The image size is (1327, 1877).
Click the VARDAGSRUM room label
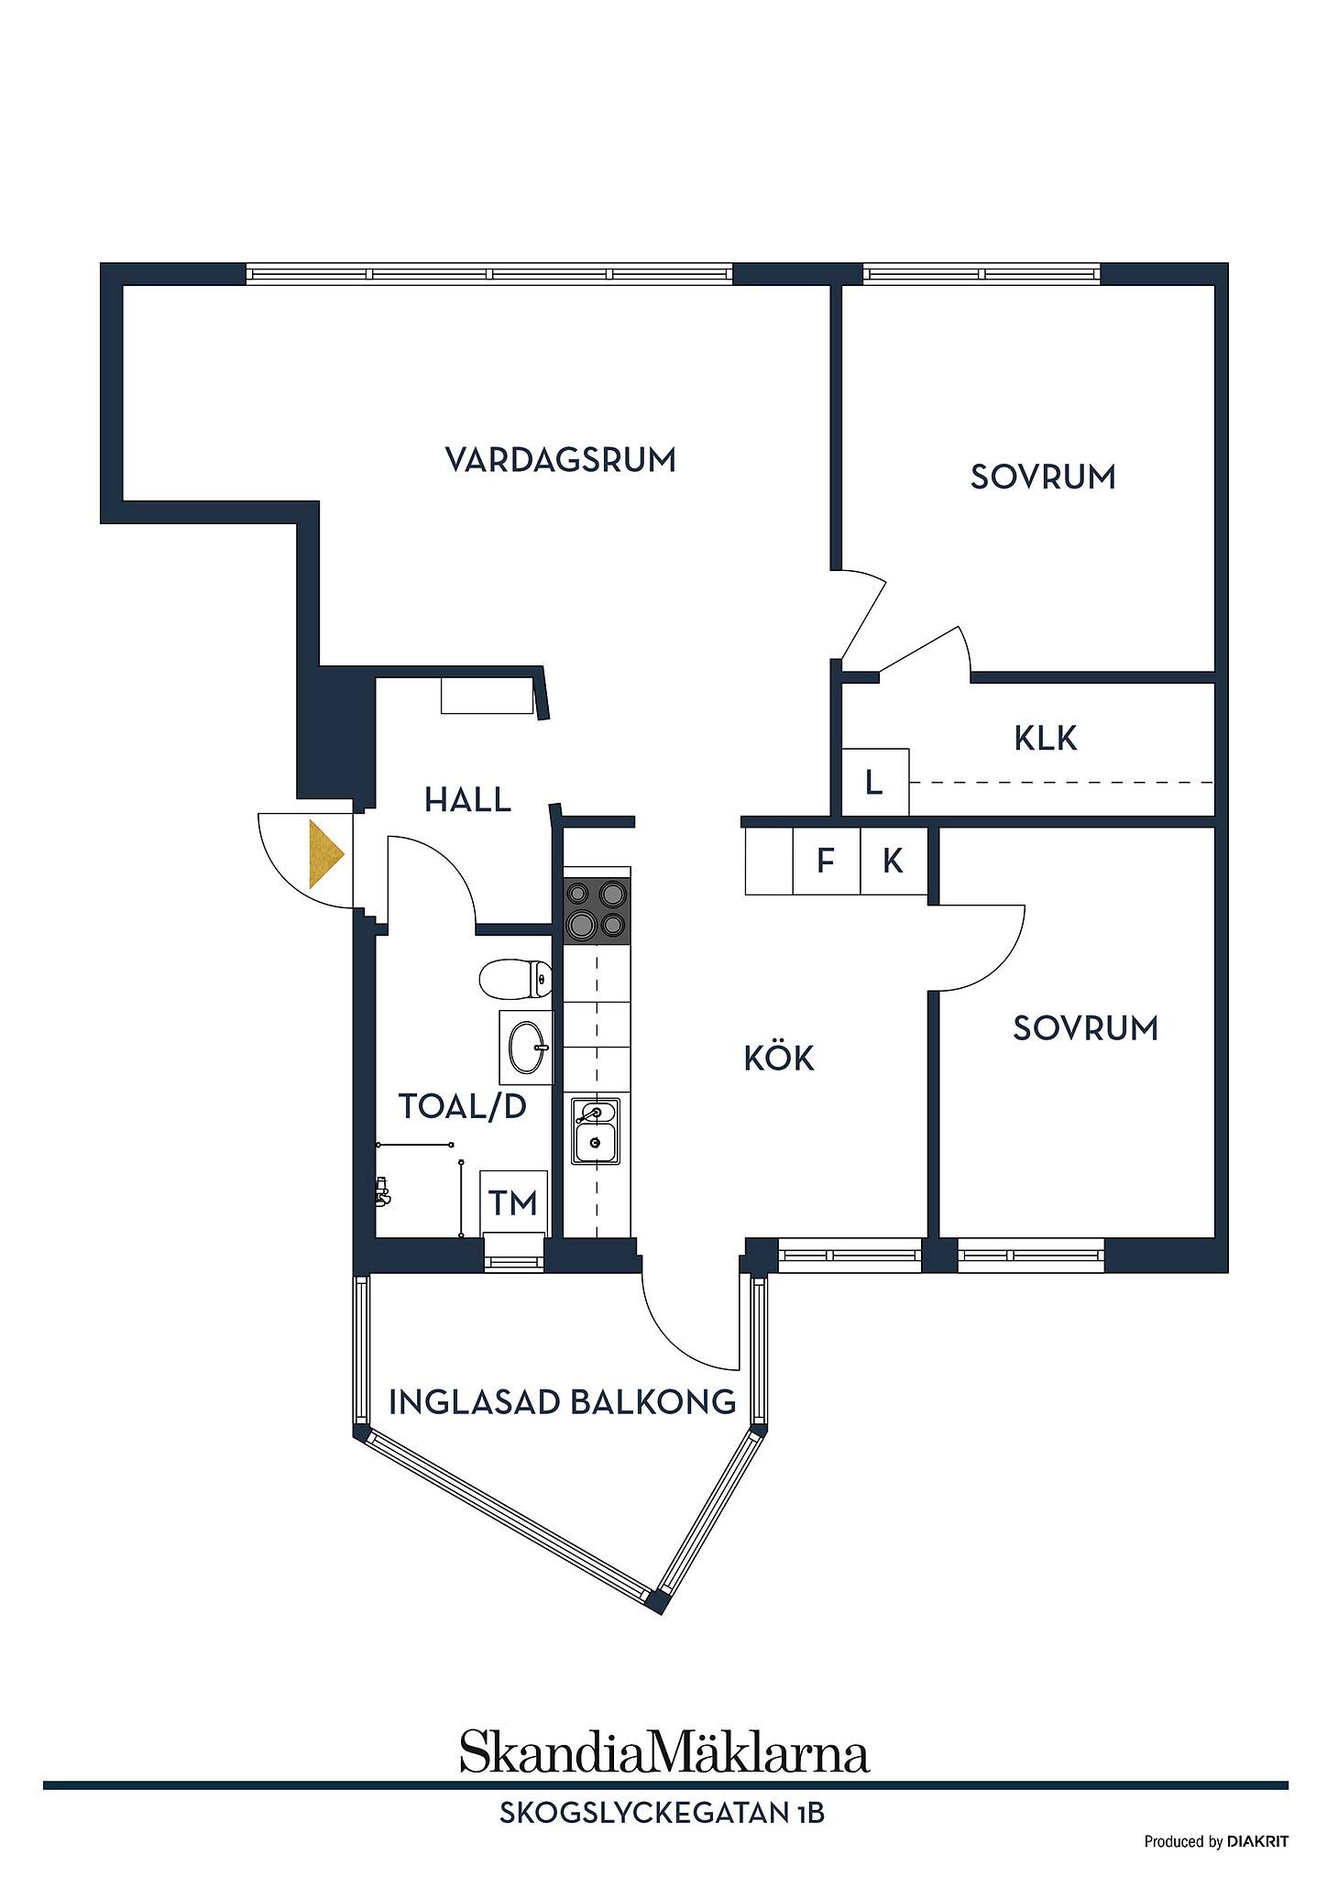pyautogui.click(x=560, y=459)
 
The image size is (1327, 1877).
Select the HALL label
pyautogui.click(x=467, y=800)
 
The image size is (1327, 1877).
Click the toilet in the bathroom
pyautogui.click(x=515, y=979)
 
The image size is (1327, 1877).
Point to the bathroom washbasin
pyautogui.click(x=526, y=1048)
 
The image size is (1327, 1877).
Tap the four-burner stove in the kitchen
pyautogui.click(x=597, y=909)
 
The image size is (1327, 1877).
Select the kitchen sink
pyautogui.click(x=596, y=1131)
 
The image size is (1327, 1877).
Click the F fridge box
pyautogui.click(x=826, y=861)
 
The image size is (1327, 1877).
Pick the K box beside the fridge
pyautogui.click(x=894, y=861)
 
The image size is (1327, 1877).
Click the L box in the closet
pyautogui.click(x=875, y=782)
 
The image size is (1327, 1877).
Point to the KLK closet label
pyautogui.click(x=1046, y=738)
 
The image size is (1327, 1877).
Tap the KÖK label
pyautogui.click(x=779, y=1058)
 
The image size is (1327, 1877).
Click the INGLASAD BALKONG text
pyautogui.click(x=563, y=1401)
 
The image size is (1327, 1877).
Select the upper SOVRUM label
pyautogui.click(x=1043, y=477)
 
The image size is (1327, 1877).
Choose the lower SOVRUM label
pyautogui.click(x=1085, y=1028)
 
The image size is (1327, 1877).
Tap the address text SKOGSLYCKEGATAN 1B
pyautogui.click(x=662, y=1812)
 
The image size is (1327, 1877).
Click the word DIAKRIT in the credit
pyautogui.click(x=1257, y=1841)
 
